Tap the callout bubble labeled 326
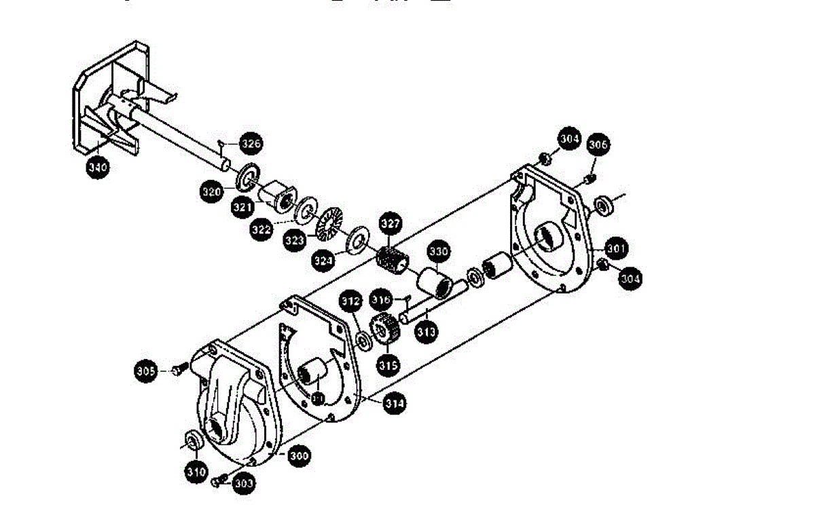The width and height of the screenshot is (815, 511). (251, 144)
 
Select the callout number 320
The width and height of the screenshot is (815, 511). (212, 192)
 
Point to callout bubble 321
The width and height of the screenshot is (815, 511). (242, 208)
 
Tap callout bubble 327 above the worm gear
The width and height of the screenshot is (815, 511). (391, 223)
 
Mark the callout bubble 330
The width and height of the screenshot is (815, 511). (439, 252)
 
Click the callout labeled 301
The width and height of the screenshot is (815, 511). (615, 248)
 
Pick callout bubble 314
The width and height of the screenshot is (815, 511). (394, 403)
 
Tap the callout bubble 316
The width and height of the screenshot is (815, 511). (381, 300)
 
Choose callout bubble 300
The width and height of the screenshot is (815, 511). (298, 455)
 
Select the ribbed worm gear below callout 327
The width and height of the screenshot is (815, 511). (391, 259)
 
